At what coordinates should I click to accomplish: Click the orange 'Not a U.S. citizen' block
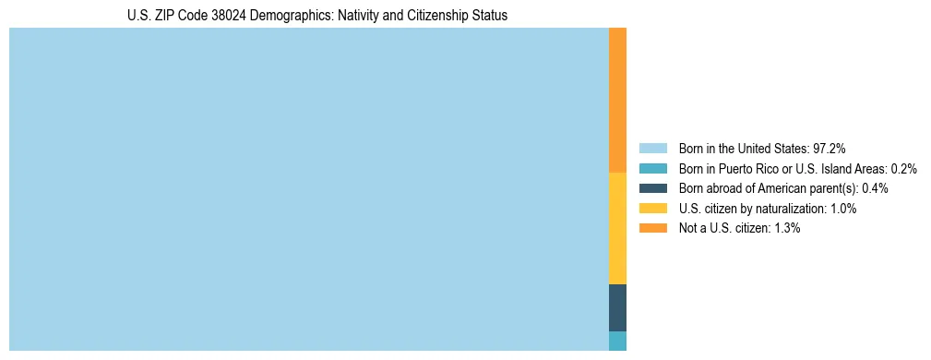pyautogui.click(x=617, y=100)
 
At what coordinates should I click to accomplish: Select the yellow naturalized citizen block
pyautogui.click(x=617, y=228)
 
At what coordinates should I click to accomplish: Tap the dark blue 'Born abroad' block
pyautogui.click(x=617, y=307)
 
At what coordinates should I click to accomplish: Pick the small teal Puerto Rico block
pyautogui.click(x=617, y=341)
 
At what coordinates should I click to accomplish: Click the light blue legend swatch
pyautogui.click(x=652, y=148)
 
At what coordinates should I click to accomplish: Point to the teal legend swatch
pyautogui.click(x=652, y=168)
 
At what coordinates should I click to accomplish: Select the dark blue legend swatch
pyautogui.click(x=652, y=188)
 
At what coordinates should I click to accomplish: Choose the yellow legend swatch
pyautogui.click(x=652, y=209)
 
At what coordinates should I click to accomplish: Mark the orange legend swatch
pyautogui.click(x=652, y=228)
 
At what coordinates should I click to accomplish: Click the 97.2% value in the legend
pyautogui.click(x=829, y=148)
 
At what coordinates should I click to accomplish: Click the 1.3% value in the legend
pyautogui.click(x=787, y=228)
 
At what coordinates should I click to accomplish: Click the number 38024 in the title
pyautogui.click(x=215, y=16)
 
